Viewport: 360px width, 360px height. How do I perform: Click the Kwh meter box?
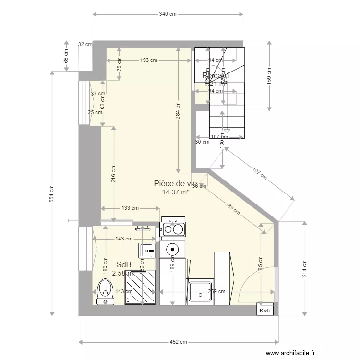(x=264, y=310)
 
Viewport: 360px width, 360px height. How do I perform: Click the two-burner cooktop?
(x=174, y=228)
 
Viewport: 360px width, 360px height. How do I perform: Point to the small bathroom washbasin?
(x=146, y=250)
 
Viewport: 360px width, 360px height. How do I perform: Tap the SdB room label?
(x=124, y=264)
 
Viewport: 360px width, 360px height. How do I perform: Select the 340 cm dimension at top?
(x=168, y=14)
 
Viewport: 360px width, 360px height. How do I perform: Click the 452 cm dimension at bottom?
(x=178, y=342)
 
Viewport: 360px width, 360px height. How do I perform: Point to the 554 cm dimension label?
(x=52, y=193)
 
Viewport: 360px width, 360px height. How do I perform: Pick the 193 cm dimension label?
(x=148, y=60)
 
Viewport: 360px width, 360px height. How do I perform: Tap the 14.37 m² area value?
(x=175, y=192)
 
